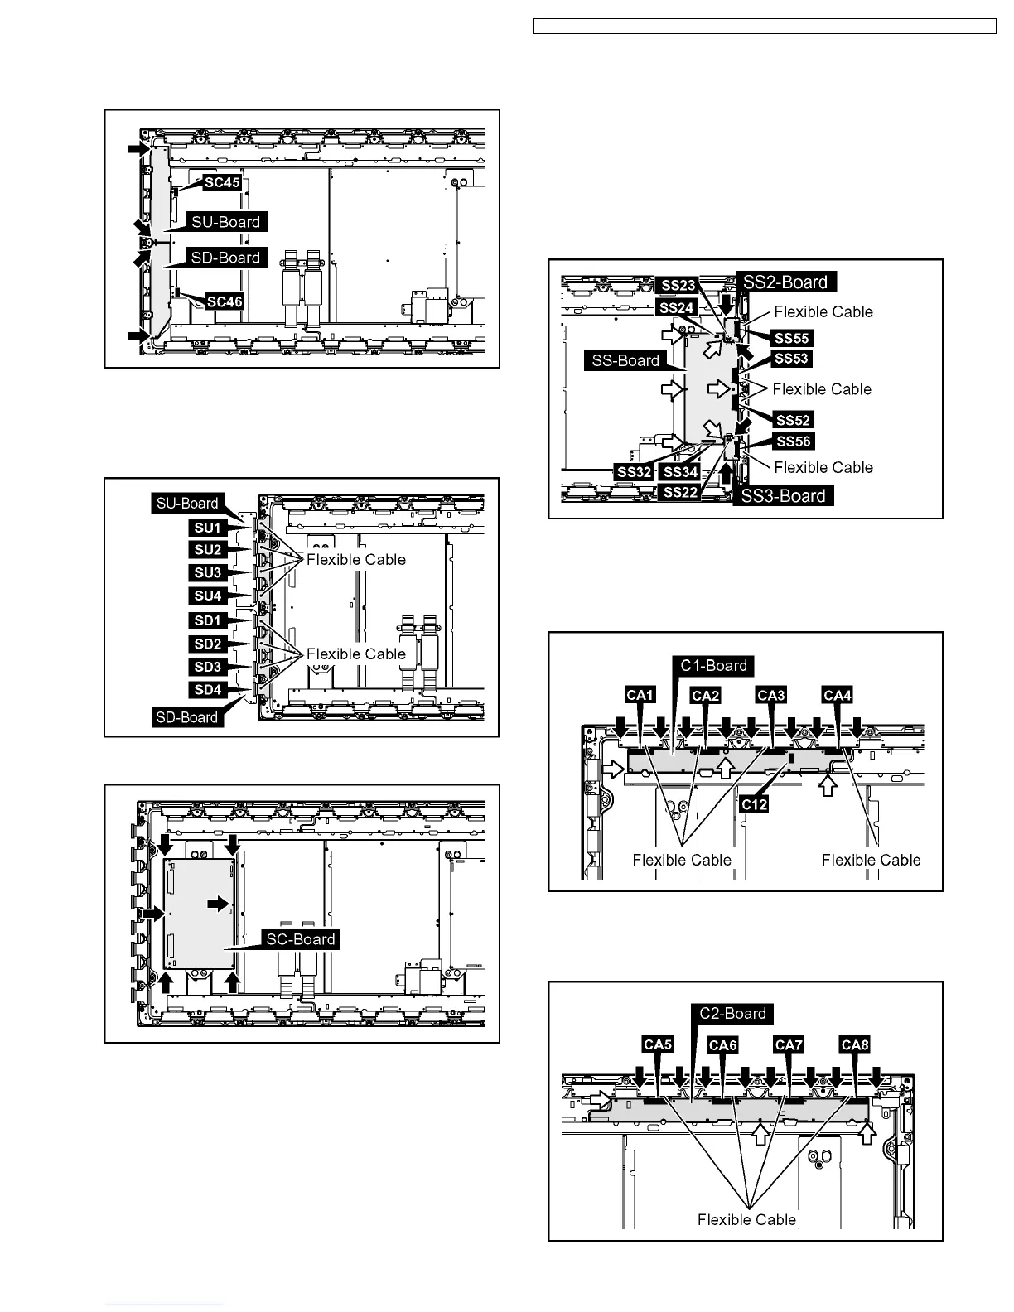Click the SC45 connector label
pyautogui.click(x=222, y=182)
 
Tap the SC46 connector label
pyautogui.click(x=225, y=301)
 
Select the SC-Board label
pyautogui.click(x=300, y=939)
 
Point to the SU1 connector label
pyautogui.click(x=208, y=528)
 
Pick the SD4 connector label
pyautogui.click(x=208, y=690)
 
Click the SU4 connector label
pyautogui.click(x=208, y=596)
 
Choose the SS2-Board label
pyautogui.click(x=785, y=282)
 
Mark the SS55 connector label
pyautogui.click(x=792, y=338)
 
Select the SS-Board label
pyautogui.click(x=625, y=360)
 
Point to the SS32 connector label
pyautogui.click(x=634, y=472)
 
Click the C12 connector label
pyautogui.click(x=754, y=804)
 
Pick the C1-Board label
pyautogui.click(x=713, y=665)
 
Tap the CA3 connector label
pyautogui.click(x=771, y=695)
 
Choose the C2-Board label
pyautogui.click(x=732, y=1014)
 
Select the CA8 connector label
pyautogui.click(x=854, y=1045)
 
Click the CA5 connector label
pyautogui.click(x=658, y=1044)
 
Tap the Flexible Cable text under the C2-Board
pyautogui.click(x=746, y=1219)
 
